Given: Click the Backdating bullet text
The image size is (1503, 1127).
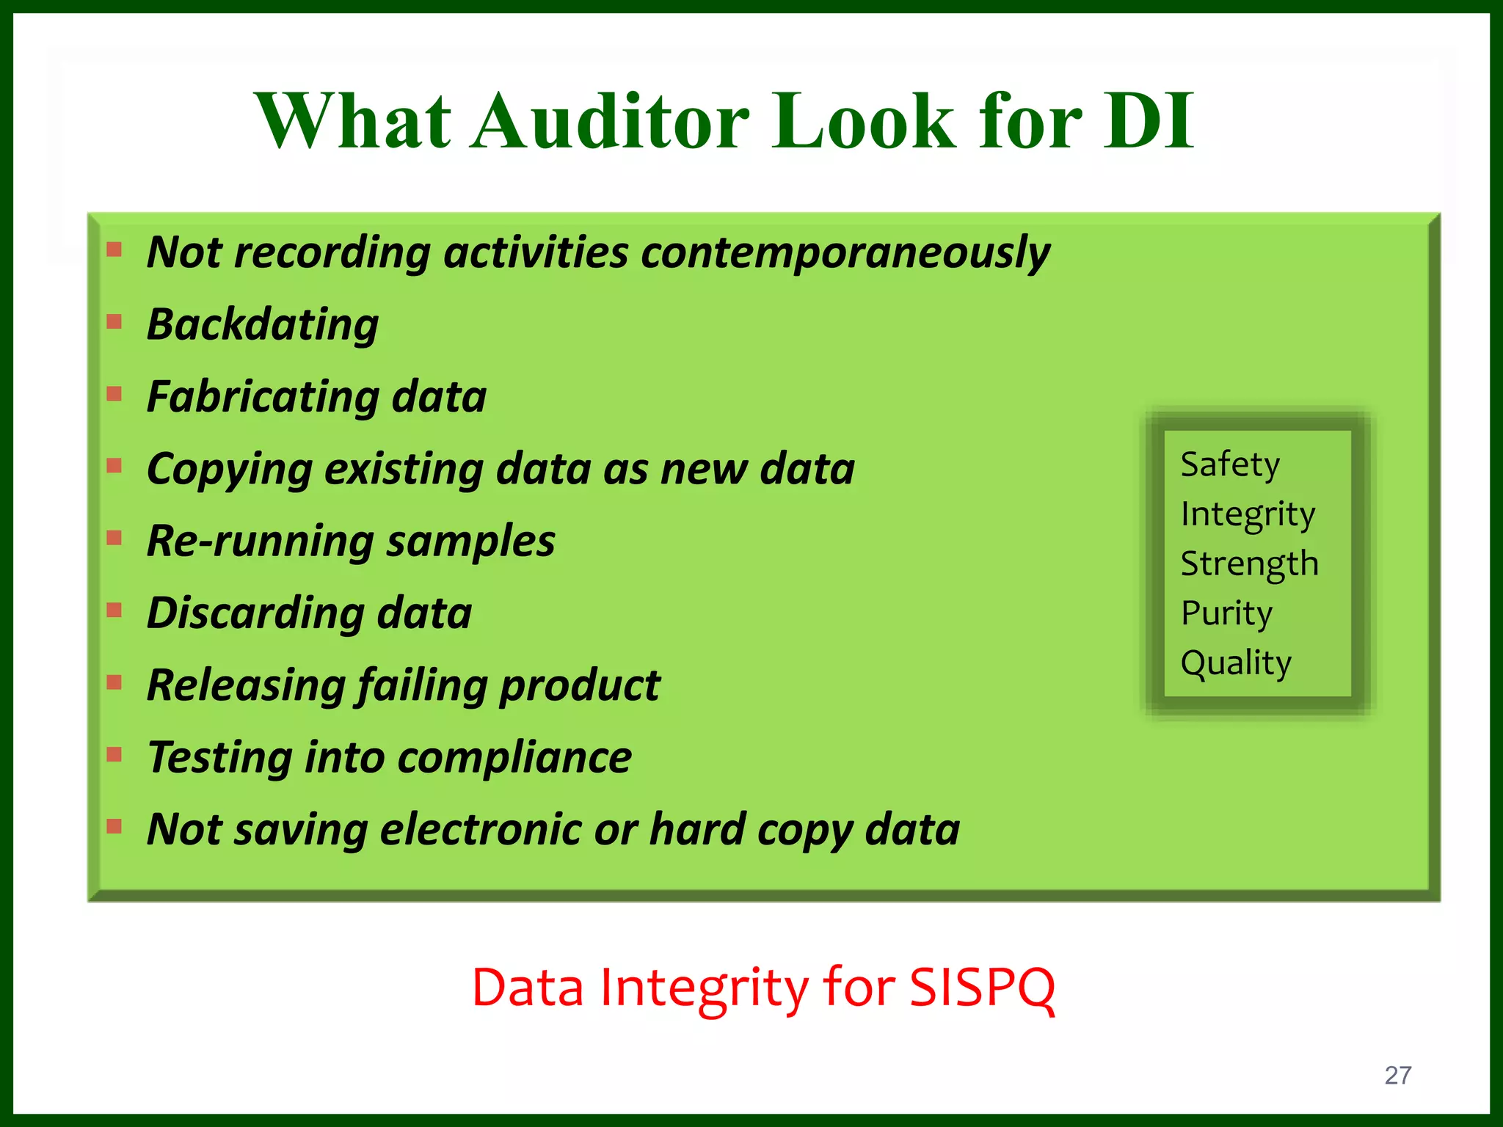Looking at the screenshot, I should click(263, 324).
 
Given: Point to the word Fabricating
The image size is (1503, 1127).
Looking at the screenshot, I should click(262, 397).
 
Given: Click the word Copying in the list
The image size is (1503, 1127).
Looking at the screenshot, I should click(229, 470).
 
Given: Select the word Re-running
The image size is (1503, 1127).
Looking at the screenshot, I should click(260, 541).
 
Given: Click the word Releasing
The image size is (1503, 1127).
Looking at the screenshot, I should click(246, 686).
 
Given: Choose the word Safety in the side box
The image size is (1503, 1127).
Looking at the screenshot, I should click(1230, 464).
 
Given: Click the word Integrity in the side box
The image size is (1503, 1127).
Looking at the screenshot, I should click(1248, 514).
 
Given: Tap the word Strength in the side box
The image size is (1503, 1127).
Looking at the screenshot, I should click(1249, 564).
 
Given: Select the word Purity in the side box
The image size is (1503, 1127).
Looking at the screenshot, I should click(1226, 613).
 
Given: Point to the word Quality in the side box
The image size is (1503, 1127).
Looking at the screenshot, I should click(1236, 663).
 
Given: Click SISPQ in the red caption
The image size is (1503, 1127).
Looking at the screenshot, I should click(982, 988).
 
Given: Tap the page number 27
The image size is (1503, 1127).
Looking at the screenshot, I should click(1397, 1076).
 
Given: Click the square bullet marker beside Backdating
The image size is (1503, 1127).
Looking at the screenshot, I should click(114, 321).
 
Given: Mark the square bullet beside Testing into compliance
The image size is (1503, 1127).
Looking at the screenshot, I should click(114, 754).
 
